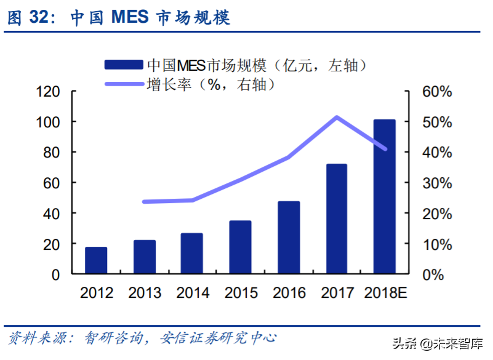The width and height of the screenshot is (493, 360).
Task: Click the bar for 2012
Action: (x=96, y=260)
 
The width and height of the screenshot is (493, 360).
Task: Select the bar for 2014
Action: (x=192, y=254)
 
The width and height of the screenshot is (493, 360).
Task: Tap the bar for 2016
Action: (x=289, y=238)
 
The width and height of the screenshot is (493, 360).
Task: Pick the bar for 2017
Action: (x=337, y=218)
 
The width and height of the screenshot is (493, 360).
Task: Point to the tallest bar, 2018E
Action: (x=385, y=196)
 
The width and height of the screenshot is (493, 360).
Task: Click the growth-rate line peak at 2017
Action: (x=337, y=117)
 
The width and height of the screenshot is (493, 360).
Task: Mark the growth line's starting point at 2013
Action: (x=144, y=202)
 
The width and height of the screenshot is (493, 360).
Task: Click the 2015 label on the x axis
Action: (x=241, y=292)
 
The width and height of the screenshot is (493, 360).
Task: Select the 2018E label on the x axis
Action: (x=386, y=292)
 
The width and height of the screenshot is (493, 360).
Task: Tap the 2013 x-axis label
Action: (x=145, y=292)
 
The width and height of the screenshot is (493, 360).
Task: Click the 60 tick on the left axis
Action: (x=52, y=183)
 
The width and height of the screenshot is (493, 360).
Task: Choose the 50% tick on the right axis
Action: (x=436, y=122)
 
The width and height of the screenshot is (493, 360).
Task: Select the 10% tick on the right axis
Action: (x=436, y=244)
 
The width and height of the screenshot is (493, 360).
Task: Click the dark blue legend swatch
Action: (x=124, y=65)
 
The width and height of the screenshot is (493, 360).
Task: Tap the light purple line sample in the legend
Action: (x=124, y=84)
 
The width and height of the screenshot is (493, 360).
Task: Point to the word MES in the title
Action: (x=130, y=17)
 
